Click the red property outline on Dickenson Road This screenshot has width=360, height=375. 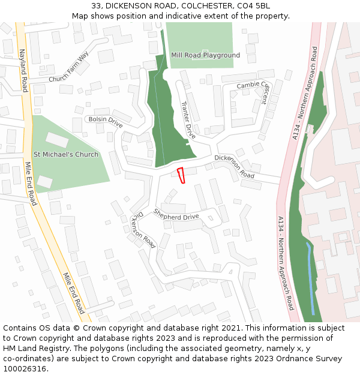pyautogui.click(x=181, y=175)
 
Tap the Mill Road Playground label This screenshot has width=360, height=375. pyautogui.click(x=205, y=55)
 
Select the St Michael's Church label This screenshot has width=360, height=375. pyautogui.click(x=66, y=155)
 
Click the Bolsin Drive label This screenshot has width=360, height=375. pyautogui.click(x=105, y=122)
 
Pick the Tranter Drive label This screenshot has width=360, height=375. pyautogui.click(x=188, y=120)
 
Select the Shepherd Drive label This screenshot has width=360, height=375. pyautogui.click(x=176, y=214)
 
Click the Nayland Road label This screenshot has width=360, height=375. pyautogui.click(x=24, y=70)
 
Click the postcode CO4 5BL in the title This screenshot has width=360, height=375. pyautogui.click(x=254, y=5)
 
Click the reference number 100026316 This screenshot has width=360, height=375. pyautogui.click(x=25, y=369)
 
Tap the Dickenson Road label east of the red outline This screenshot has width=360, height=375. pyautogui.click(x=234, y=167)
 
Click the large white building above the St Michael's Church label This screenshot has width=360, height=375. pyautogui.click(x=57, y=140)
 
